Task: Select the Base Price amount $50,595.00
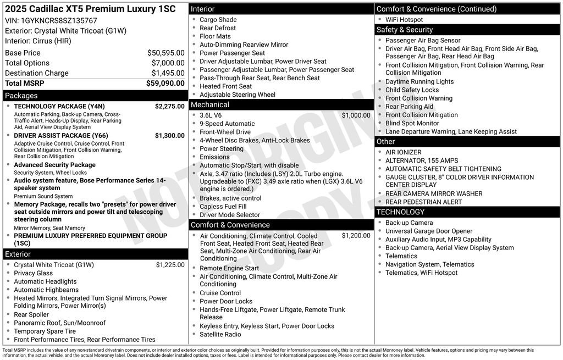point(165,53)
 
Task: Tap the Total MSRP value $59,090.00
point(165,84)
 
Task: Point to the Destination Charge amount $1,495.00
point(168,73)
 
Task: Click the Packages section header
point(21,96)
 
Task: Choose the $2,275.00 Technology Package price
point(169,106)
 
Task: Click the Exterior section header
point(18,254)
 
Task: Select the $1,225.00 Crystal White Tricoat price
point(170,265)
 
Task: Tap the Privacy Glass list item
point(34,273)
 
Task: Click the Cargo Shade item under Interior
point(218,20)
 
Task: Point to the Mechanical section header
point(210,104)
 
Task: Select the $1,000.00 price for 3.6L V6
point(356,115)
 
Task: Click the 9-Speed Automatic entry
point(227,124)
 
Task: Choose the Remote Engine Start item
point(229,268)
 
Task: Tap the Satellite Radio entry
point(220,334)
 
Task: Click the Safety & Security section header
point(405,30)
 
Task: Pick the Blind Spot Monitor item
point(412,123)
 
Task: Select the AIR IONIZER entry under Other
point(403,152)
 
